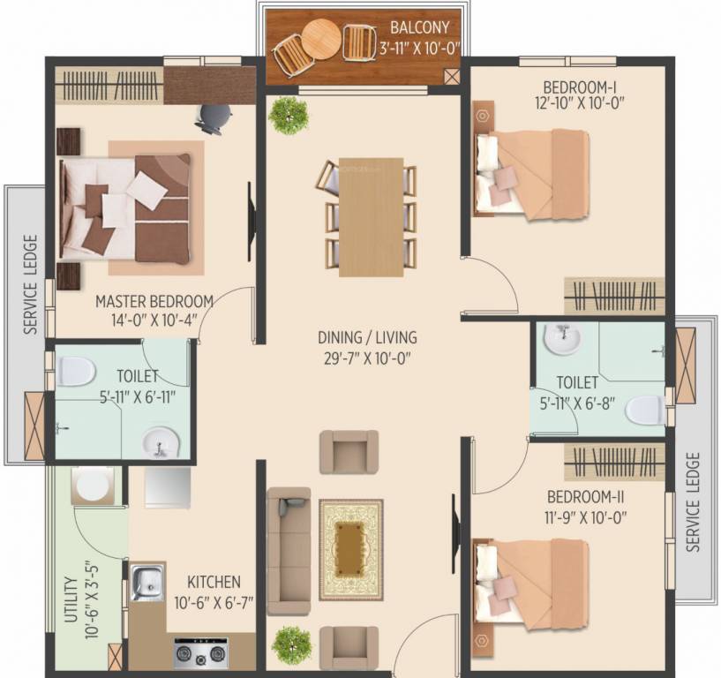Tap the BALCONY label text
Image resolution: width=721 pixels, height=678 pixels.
click(x=420, y=28)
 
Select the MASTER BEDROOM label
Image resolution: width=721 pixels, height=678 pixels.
click(x=154, y=301)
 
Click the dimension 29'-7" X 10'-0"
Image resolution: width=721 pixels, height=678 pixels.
click(x=368, y=358)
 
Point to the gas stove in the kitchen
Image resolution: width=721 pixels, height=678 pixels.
click(x=201, y=654)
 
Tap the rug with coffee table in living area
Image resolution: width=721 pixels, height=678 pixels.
click(x=350, y=549)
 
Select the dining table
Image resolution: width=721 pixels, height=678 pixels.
click(x=371, y=216)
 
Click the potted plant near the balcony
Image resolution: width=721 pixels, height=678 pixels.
click(x=289, y=115)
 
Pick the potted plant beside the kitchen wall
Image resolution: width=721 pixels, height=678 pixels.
click(x=290, y=645)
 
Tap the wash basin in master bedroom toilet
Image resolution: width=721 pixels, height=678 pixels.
click(x=161, y=441)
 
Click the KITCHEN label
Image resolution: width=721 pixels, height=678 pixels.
click(x=214, y=583)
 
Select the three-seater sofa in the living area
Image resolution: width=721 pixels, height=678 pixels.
click(x=289, y=550)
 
